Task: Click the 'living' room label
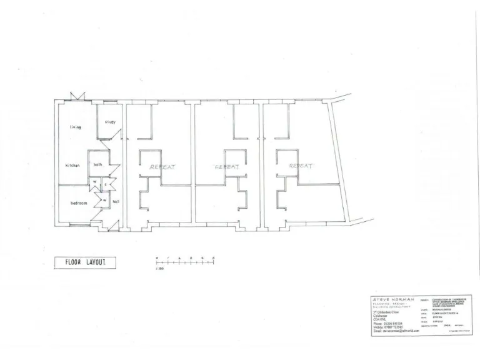76,127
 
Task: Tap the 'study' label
110,122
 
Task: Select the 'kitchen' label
72,165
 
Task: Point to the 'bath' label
98,165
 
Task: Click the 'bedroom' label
78,203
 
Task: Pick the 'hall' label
116,201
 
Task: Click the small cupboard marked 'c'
106,184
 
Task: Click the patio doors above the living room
78,97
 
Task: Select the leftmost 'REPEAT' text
162,167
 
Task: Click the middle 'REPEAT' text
227,167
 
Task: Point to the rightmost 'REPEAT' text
301,166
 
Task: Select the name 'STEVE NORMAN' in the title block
393,299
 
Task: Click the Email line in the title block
395,330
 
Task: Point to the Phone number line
391,322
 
